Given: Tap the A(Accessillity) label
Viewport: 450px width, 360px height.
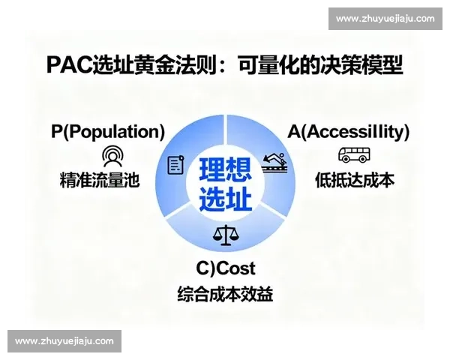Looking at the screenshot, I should tap(349, 132).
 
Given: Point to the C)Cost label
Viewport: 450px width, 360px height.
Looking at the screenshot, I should tap(226, 268).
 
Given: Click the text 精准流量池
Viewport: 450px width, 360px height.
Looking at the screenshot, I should tap(100, 180).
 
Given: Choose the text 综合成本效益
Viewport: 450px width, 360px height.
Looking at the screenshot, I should tap(225, 294).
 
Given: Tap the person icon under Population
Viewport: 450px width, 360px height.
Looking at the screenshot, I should tap(112, 156).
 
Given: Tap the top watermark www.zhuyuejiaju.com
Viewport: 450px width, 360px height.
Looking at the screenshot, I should tap(385, 18).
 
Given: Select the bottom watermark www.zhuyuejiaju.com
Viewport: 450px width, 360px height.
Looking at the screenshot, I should tap(64, 341).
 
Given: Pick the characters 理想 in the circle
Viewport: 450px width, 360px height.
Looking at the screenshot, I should tap(225, 170).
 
